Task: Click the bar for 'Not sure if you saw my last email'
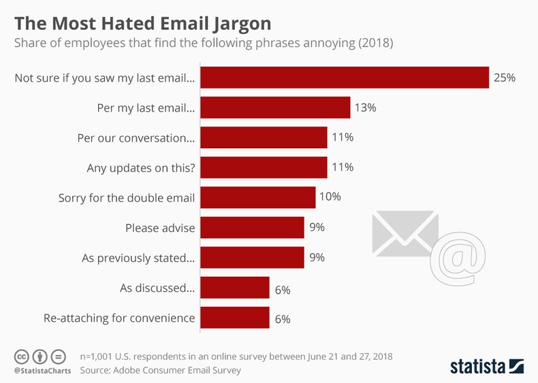point(345,78)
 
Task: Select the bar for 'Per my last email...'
point(275,107)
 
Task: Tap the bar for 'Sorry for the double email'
point(257,198)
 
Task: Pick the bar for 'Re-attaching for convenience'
point(235,318)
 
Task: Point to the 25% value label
point(505,78)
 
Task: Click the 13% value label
point(365,107)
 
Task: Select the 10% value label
point(330,198)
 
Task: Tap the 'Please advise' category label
point(160,228)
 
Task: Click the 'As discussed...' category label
point(157,288)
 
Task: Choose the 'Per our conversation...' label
point(136,137)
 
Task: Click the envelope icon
point(405,231)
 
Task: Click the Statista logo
point(486,365)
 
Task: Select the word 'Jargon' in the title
point(234,23)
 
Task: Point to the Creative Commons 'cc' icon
point(21,356)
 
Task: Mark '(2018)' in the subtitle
point(377,43)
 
